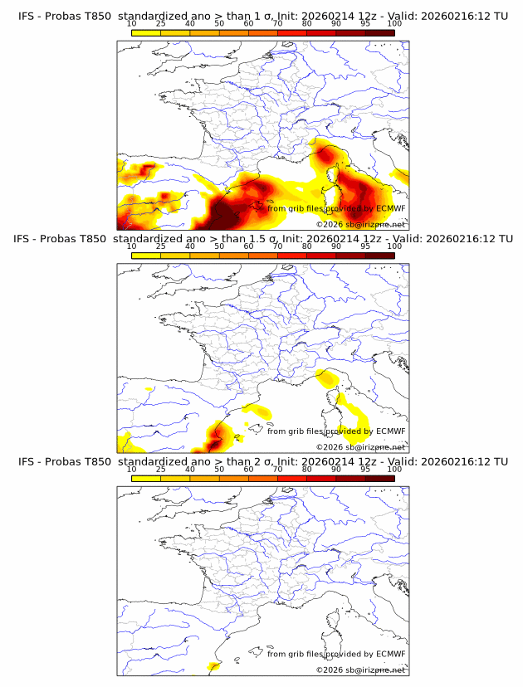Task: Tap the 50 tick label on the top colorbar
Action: (x=219, y=24)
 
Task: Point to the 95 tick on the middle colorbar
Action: (x=365, y=246)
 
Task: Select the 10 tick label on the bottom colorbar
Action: (x=132, y=469)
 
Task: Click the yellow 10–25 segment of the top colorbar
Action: (x=146, y=32)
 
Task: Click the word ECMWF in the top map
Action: (x=390, y=209)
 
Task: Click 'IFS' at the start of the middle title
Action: (x=27, y=239)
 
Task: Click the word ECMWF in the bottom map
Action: (x=390, y=654)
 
